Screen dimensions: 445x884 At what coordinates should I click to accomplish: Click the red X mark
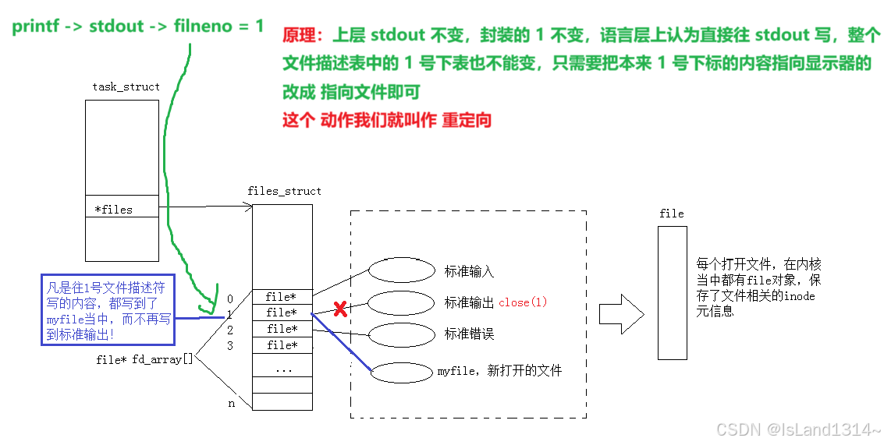(340, 310)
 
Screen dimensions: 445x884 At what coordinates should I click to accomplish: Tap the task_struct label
(126, 87)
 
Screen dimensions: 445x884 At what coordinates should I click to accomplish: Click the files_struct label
(284, 191)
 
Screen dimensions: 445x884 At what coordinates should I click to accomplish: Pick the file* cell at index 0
(282, 297)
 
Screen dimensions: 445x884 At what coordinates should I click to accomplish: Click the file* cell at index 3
(282, 345)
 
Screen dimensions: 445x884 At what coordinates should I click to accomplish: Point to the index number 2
(230, 330)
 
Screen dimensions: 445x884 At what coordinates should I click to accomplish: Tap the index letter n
(230, 403)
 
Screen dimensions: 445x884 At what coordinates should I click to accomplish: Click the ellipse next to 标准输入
(401, 270)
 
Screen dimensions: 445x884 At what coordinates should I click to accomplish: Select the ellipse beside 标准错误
(401, 334)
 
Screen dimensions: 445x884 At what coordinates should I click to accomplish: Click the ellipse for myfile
(401, 373)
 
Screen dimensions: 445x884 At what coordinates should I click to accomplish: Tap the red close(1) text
(524, 302)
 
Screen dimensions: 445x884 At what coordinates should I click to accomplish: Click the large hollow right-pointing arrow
(621, 314)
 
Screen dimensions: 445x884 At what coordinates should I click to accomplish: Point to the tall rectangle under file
(672, 292)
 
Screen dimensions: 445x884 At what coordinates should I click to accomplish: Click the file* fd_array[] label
(144, 359)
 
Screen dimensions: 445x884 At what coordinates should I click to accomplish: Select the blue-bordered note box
(108, 309)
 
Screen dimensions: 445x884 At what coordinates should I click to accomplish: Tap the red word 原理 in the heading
(297, 36)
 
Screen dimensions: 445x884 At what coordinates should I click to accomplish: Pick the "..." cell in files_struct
(282, 369)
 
